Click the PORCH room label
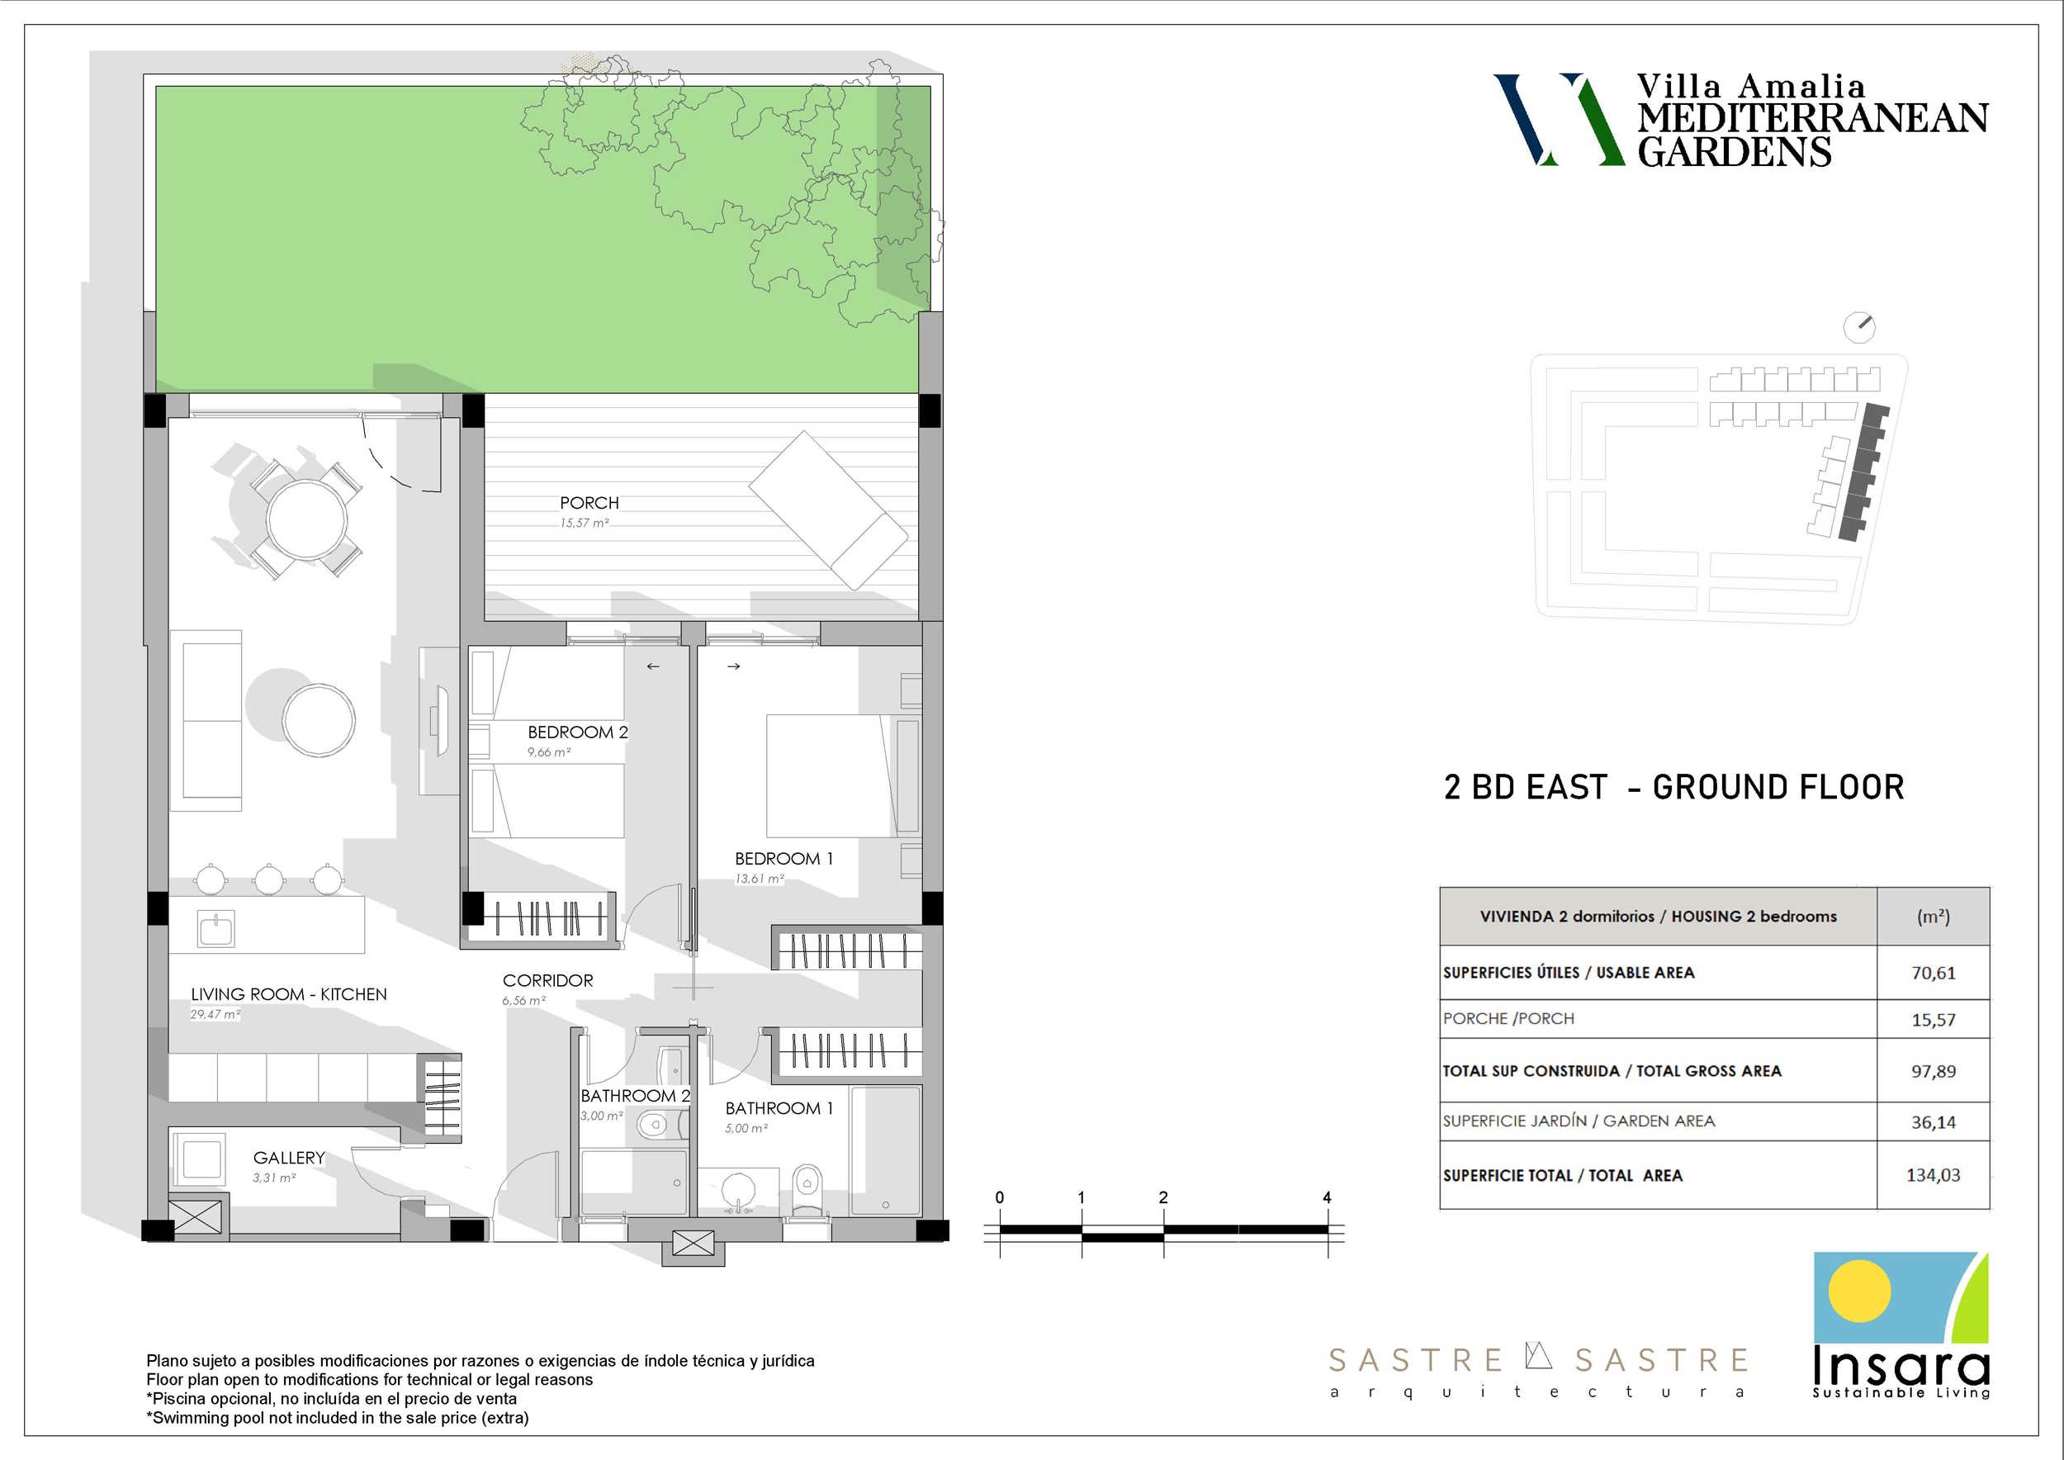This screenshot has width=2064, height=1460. click(x=589, y=503)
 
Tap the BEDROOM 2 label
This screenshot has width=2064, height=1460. click(x=577, y=732)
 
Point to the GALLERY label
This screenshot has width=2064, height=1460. click(x=289, y=1158)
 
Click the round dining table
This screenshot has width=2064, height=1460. click(x=306, y=519)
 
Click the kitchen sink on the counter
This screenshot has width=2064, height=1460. click(x=215, y=929)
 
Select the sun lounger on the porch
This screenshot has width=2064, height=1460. click(x=828, y=510)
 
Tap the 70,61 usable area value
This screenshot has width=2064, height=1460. click(x=1933, y=973)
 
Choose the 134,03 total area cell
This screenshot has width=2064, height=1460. click(x=1933, y=1175)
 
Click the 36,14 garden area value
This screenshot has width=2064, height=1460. click(x=1933, y=1122)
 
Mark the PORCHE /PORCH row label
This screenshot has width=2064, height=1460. click(x=1508, y=1018)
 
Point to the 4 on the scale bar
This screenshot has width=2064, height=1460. click(x=1327, y=1197)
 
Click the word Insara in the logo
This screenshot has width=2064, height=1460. click(x=1901, y=1367)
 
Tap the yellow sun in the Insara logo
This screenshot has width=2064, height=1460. click(x=1859, y=1291)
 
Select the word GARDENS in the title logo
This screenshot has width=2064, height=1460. click(x=1734, y=151)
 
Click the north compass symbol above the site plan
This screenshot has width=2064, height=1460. click(x=1859, y=327)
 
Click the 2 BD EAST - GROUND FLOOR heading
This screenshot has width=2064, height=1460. click(x=1673, y=788)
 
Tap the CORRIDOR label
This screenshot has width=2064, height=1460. click(x=547, y=980)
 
